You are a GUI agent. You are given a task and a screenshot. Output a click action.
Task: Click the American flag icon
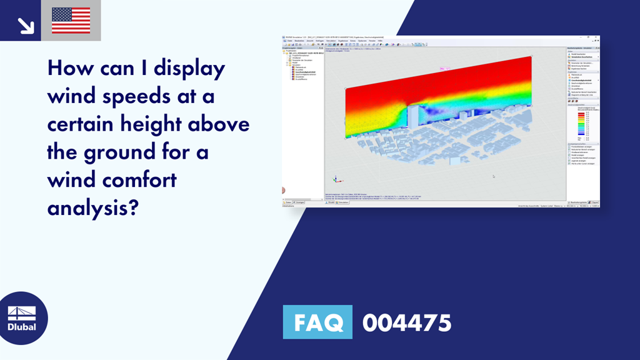pos(71,20)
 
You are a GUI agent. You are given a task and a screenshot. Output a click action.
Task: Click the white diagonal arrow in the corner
pos(26,25)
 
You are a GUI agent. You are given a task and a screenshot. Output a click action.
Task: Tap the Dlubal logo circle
pos(21,318)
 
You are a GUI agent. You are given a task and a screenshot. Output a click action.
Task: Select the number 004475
pos(406,323)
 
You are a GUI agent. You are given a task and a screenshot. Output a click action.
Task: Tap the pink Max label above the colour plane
pos(446,69)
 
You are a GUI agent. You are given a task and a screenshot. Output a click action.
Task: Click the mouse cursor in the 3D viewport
pos(493,176)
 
